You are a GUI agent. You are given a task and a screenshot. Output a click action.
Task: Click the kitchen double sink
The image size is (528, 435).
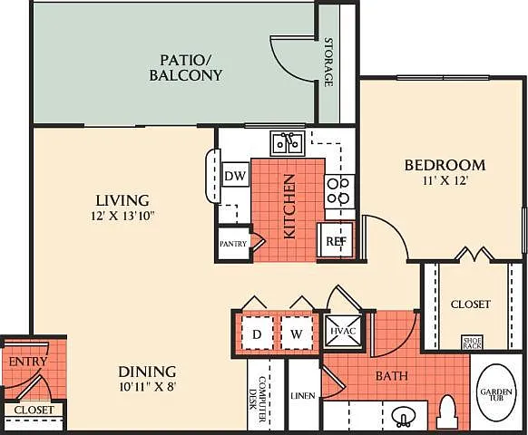288,144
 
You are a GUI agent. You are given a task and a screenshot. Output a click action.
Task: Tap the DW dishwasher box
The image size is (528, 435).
236,175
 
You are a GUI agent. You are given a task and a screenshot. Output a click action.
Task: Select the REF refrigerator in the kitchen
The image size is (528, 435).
336,240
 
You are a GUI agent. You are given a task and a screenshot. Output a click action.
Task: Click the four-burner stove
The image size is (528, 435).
339,192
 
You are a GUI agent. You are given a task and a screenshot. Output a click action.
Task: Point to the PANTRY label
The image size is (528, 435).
233,244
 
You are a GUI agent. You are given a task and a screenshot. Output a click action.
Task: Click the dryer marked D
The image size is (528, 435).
257,333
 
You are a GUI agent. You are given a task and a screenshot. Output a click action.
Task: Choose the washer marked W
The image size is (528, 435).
297,333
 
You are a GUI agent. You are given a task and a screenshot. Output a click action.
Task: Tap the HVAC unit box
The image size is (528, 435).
343,331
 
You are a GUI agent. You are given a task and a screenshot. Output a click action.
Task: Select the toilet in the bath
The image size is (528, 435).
446,412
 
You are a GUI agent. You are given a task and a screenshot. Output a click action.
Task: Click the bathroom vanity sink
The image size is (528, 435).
404,416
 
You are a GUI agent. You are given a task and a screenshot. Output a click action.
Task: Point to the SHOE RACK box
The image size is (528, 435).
473,343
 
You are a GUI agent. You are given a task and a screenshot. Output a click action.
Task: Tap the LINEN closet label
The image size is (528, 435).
303,396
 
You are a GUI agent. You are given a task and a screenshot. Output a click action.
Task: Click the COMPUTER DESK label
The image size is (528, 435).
259,397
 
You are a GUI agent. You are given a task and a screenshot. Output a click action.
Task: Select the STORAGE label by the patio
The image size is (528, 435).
328,63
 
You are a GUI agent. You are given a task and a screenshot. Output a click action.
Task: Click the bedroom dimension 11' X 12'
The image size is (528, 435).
445,181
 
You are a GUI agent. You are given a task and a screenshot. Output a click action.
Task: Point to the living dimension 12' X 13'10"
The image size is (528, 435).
122,216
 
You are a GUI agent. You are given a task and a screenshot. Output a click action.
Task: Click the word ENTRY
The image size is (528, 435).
28,362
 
